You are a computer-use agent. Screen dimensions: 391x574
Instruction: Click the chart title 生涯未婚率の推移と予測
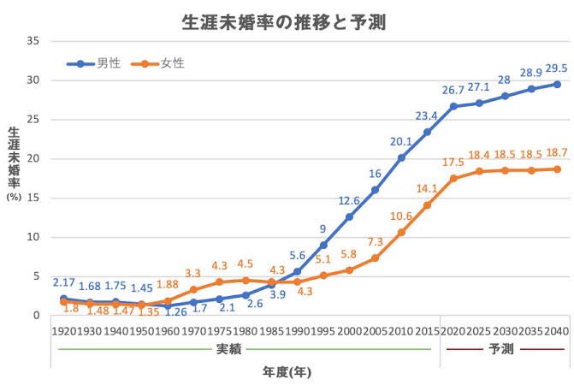(x=286, y=22)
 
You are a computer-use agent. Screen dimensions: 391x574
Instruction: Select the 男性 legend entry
(x=109, y=62)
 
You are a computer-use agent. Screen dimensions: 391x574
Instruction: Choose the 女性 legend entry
(x=173, y=62)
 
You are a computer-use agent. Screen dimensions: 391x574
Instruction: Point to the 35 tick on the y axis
(x=33, y=41)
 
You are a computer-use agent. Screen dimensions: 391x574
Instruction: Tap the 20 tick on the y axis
(x=33, y=158)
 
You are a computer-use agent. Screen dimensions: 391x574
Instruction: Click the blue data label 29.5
(x=556, y=67)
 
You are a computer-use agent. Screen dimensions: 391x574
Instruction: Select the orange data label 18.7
(x=557, y=151)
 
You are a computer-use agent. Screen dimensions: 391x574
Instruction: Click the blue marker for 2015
(x=427, y=132)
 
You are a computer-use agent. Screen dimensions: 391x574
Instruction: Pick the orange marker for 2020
(x=453, y=178)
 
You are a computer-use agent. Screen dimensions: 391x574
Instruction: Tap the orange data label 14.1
(x=426, y=188)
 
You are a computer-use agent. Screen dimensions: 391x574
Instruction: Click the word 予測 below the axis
(x=502, y=349)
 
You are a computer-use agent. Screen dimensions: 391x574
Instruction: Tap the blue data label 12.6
(x=348, y=201)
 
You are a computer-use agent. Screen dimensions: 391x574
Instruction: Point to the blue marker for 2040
(x=557, y=84)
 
